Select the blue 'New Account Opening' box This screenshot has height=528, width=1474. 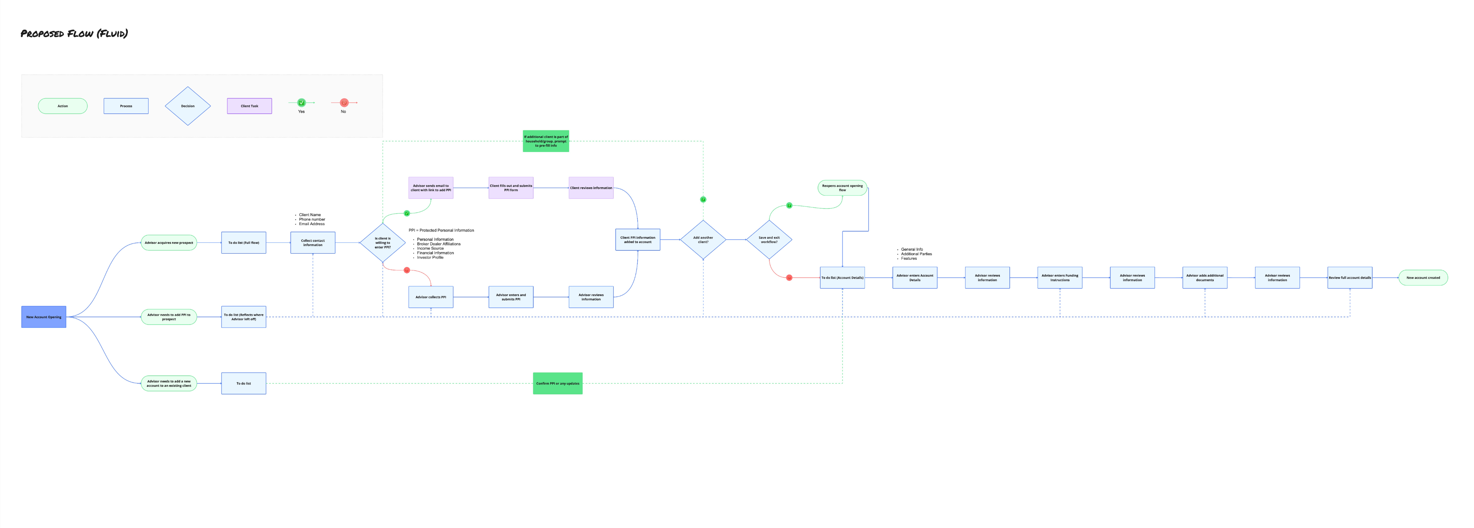pos(44,317)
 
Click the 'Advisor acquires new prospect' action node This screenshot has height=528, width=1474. pos(169,243)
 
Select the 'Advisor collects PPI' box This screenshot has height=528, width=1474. pos(430,297)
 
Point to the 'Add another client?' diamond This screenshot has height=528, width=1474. pos(703,240)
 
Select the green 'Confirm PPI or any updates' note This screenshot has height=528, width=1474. pos(557,383)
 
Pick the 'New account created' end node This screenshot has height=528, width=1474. pos(1423,278)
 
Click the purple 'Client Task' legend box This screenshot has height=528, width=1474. pos(249,106)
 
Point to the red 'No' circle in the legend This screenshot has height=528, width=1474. pos(344,103)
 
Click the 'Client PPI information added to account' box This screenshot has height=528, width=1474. pos(637,240)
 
